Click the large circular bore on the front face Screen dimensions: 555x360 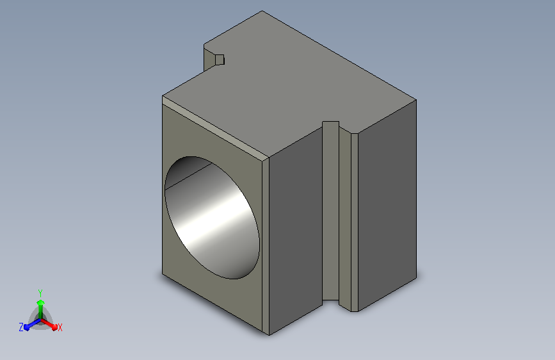(x=212, y=218)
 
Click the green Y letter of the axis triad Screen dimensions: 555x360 (x=40, y=293)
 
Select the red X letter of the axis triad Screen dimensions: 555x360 (x=60, y=327)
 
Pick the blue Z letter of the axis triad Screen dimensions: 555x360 (x=21, y=327)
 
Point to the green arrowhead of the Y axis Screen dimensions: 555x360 (x=40, y=302)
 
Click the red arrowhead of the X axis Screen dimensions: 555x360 (x=54, y=327)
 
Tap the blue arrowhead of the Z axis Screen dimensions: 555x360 (x=27, y=327)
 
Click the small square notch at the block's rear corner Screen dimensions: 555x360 (x=220, y=60)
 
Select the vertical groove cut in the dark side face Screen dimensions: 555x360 (x=330, y=213)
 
